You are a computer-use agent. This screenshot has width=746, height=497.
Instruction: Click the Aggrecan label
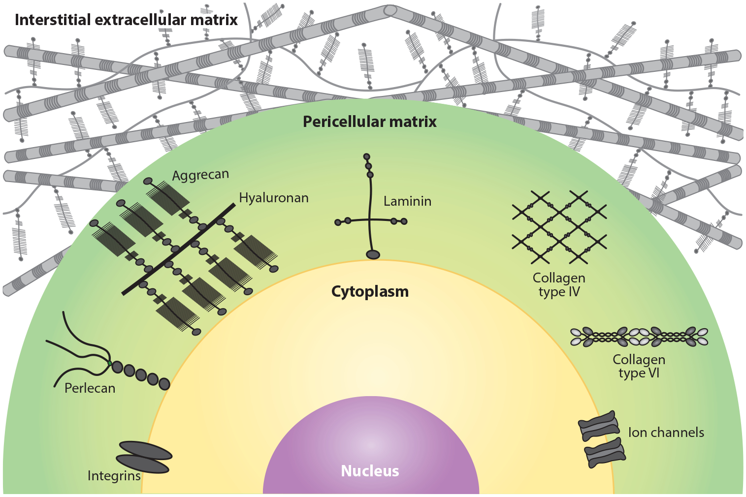tap(200, 175)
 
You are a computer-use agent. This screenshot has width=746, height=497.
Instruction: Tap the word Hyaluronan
tap(274, 198)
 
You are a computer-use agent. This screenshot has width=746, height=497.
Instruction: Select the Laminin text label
tap(407, 201)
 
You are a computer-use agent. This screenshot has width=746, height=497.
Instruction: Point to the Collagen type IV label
tap(559, 285)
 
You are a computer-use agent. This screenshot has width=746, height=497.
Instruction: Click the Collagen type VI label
tap(639, 367)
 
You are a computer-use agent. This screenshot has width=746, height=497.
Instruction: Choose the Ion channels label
tap(666, 433)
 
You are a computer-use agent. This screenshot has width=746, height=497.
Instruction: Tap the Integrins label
tap(114, 476)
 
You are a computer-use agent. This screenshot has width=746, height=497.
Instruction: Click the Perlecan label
tap(90, 388)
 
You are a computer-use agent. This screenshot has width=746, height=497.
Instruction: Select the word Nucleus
tap(370, 471)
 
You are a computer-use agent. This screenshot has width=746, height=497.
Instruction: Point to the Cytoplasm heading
tap(370, 291)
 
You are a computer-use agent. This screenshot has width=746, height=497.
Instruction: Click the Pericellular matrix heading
tap(369, 122)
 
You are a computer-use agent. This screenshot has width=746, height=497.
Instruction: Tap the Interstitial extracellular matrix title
tap(126, 20)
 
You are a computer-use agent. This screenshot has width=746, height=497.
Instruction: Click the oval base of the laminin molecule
tap(373, 254)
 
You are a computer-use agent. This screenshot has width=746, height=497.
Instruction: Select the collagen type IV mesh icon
tap(559, 227)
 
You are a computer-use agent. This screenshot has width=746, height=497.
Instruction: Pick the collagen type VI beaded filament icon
tap(639, 337)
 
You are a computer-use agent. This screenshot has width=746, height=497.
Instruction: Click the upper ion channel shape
tap(599, 426)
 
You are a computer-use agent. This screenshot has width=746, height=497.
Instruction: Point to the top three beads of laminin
tap(368, 166)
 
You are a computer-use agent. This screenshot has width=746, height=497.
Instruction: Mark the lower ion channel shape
tap(605, 452)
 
